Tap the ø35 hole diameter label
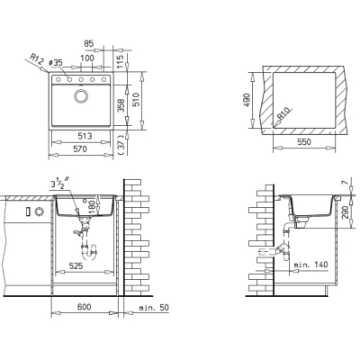[55, 62]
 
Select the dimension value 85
[88, 44]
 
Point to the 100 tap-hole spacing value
[87, 58]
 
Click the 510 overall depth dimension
[136, 100]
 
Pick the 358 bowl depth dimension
[121, 105]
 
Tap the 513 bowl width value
[85, 136]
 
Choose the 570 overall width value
[80, 148]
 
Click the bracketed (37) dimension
[121, 144]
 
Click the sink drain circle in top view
[81, 96]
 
